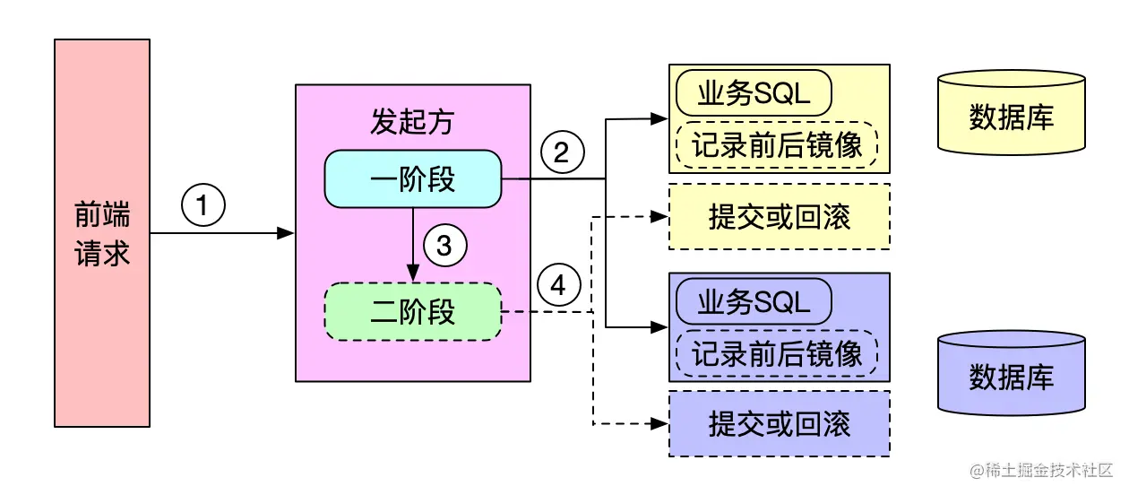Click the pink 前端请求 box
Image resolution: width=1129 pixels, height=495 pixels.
pyautogui.click(x=102, y=233)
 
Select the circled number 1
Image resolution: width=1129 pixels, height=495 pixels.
pyautogui.click(x=202, y=206)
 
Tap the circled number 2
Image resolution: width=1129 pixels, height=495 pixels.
pyautogui.click(x=562, y=153)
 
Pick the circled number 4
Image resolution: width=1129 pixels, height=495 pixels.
pyautogui.click(x=559, y=286)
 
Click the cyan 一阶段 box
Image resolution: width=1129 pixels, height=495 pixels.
pyautogui.click(x=412, y=179)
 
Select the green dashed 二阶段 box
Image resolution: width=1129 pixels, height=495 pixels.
pyautogui.click(x=412, y=311)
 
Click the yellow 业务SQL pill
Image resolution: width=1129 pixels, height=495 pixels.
pyautogui.click(x=754, y=93)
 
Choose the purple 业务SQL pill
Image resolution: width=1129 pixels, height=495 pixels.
pyautogui.click(x=754, y=302)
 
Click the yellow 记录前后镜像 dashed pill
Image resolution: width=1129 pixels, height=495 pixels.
pyautogui.click(x=777, y=144)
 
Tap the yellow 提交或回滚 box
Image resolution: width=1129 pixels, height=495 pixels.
pyautogui.click(x=779, y=216)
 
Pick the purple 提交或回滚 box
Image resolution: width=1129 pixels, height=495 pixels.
pyautogui.click(x=779, y=423)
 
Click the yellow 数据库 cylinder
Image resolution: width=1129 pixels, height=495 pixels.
pyautogui.click(x=1011, y=114)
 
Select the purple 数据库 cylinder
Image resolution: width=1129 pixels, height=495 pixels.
pyautogui.click(x=1011, y=374)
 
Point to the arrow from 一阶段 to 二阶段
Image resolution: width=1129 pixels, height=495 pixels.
pyautogui.click(x=412, y=242)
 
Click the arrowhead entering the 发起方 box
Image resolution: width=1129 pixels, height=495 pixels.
pyautogui.click(x=287, y=233)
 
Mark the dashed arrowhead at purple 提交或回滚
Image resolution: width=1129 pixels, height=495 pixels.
pyautogui.click(x=660, y=423)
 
